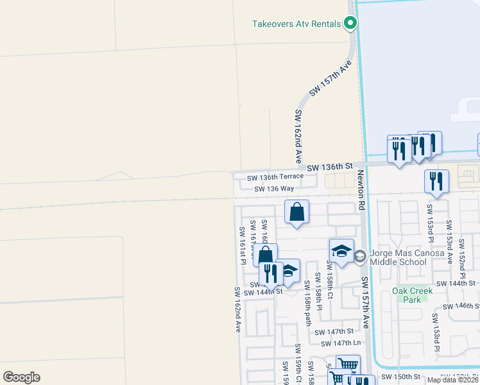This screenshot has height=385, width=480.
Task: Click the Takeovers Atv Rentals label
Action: [x=296, y=24]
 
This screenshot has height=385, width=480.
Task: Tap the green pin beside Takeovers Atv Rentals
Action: [x=350, y=24]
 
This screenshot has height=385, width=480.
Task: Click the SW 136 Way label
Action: [x=274, y=189]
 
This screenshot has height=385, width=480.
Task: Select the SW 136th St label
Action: [x=330, y=167]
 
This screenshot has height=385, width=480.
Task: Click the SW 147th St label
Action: [x=334, y=331]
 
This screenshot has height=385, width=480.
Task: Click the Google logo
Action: [x=21, y=377]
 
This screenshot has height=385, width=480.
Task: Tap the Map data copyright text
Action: [x=452, y=380]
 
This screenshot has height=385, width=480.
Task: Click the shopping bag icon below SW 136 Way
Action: [x=296, y=212]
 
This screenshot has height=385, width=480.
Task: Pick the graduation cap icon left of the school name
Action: [x=341, y=251]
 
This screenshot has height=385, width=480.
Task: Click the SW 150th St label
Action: [x=400, y=377]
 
